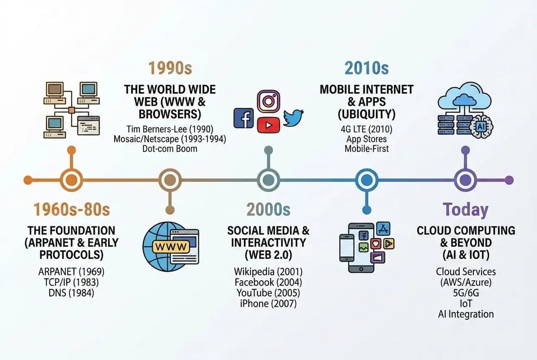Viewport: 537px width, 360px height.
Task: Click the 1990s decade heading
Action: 170,69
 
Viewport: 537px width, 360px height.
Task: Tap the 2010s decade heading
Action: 366,69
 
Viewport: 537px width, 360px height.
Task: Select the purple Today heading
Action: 465,210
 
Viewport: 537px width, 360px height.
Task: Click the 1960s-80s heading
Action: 71,210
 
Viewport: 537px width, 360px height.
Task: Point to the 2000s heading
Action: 268,210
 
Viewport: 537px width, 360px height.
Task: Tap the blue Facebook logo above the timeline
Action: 243,119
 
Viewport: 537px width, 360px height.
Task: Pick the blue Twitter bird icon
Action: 293,117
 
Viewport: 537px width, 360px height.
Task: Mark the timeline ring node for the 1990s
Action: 169,180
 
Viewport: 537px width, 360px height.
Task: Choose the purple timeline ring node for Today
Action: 464,180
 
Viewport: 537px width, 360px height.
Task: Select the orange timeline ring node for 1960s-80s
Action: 71,180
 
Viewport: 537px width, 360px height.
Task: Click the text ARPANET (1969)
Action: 71,272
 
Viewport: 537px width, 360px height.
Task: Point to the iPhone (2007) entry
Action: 268,304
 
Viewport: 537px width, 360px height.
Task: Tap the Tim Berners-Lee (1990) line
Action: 169,129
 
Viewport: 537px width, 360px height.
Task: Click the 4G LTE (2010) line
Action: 366,129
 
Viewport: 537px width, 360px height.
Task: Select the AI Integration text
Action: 465,314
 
